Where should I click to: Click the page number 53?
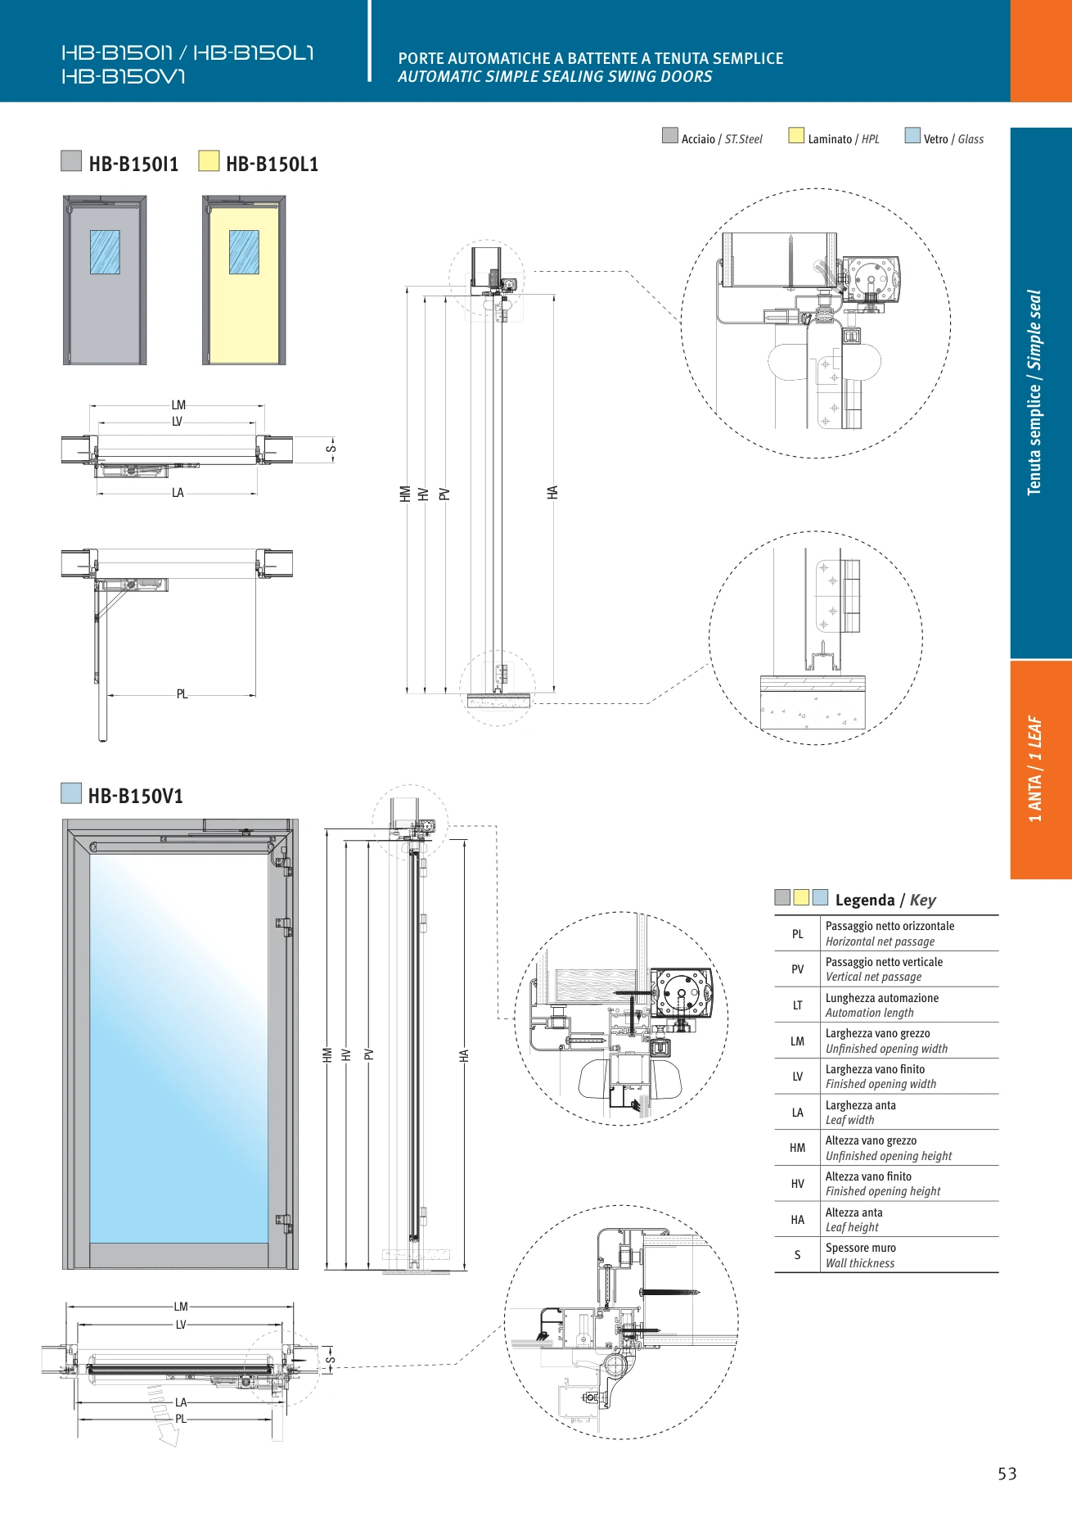pos(1007,1474)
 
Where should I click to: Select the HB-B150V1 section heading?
pos(136,796)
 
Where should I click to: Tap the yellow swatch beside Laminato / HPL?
pos(796,136)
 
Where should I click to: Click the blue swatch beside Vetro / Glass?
pos(912,136)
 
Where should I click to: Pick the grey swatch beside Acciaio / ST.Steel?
pos(670,136)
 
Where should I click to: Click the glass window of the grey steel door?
pos(105,252)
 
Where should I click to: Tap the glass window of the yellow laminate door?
pos(244,252)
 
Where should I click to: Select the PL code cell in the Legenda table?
pos(798,934)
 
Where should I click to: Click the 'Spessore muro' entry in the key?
pos(861,1248)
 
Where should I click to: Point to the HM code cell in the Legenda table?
pos(798,1148)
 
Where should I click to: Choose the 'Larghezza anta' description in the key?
pos(861,1105)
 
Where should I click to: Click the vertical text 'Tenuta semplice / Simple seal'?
pos(1034,393)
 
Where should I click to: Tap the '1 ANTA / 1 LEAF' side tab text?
pos(1035,769)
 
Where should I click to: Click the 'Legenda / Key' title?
pos(885,900)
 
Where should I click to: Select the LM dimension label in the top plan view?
pos(178,405)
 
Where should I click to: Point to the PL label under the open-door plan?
pos(182,694)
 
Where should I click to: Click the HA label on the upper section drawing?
pos(553,492)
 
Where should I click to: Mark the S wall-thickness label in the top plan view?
pos(331,449)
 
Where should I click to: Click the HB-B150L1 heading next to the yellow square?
pos(273,164)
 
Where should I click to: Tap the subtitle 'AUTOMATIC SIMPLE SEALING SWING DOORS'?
pos(555,77)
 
